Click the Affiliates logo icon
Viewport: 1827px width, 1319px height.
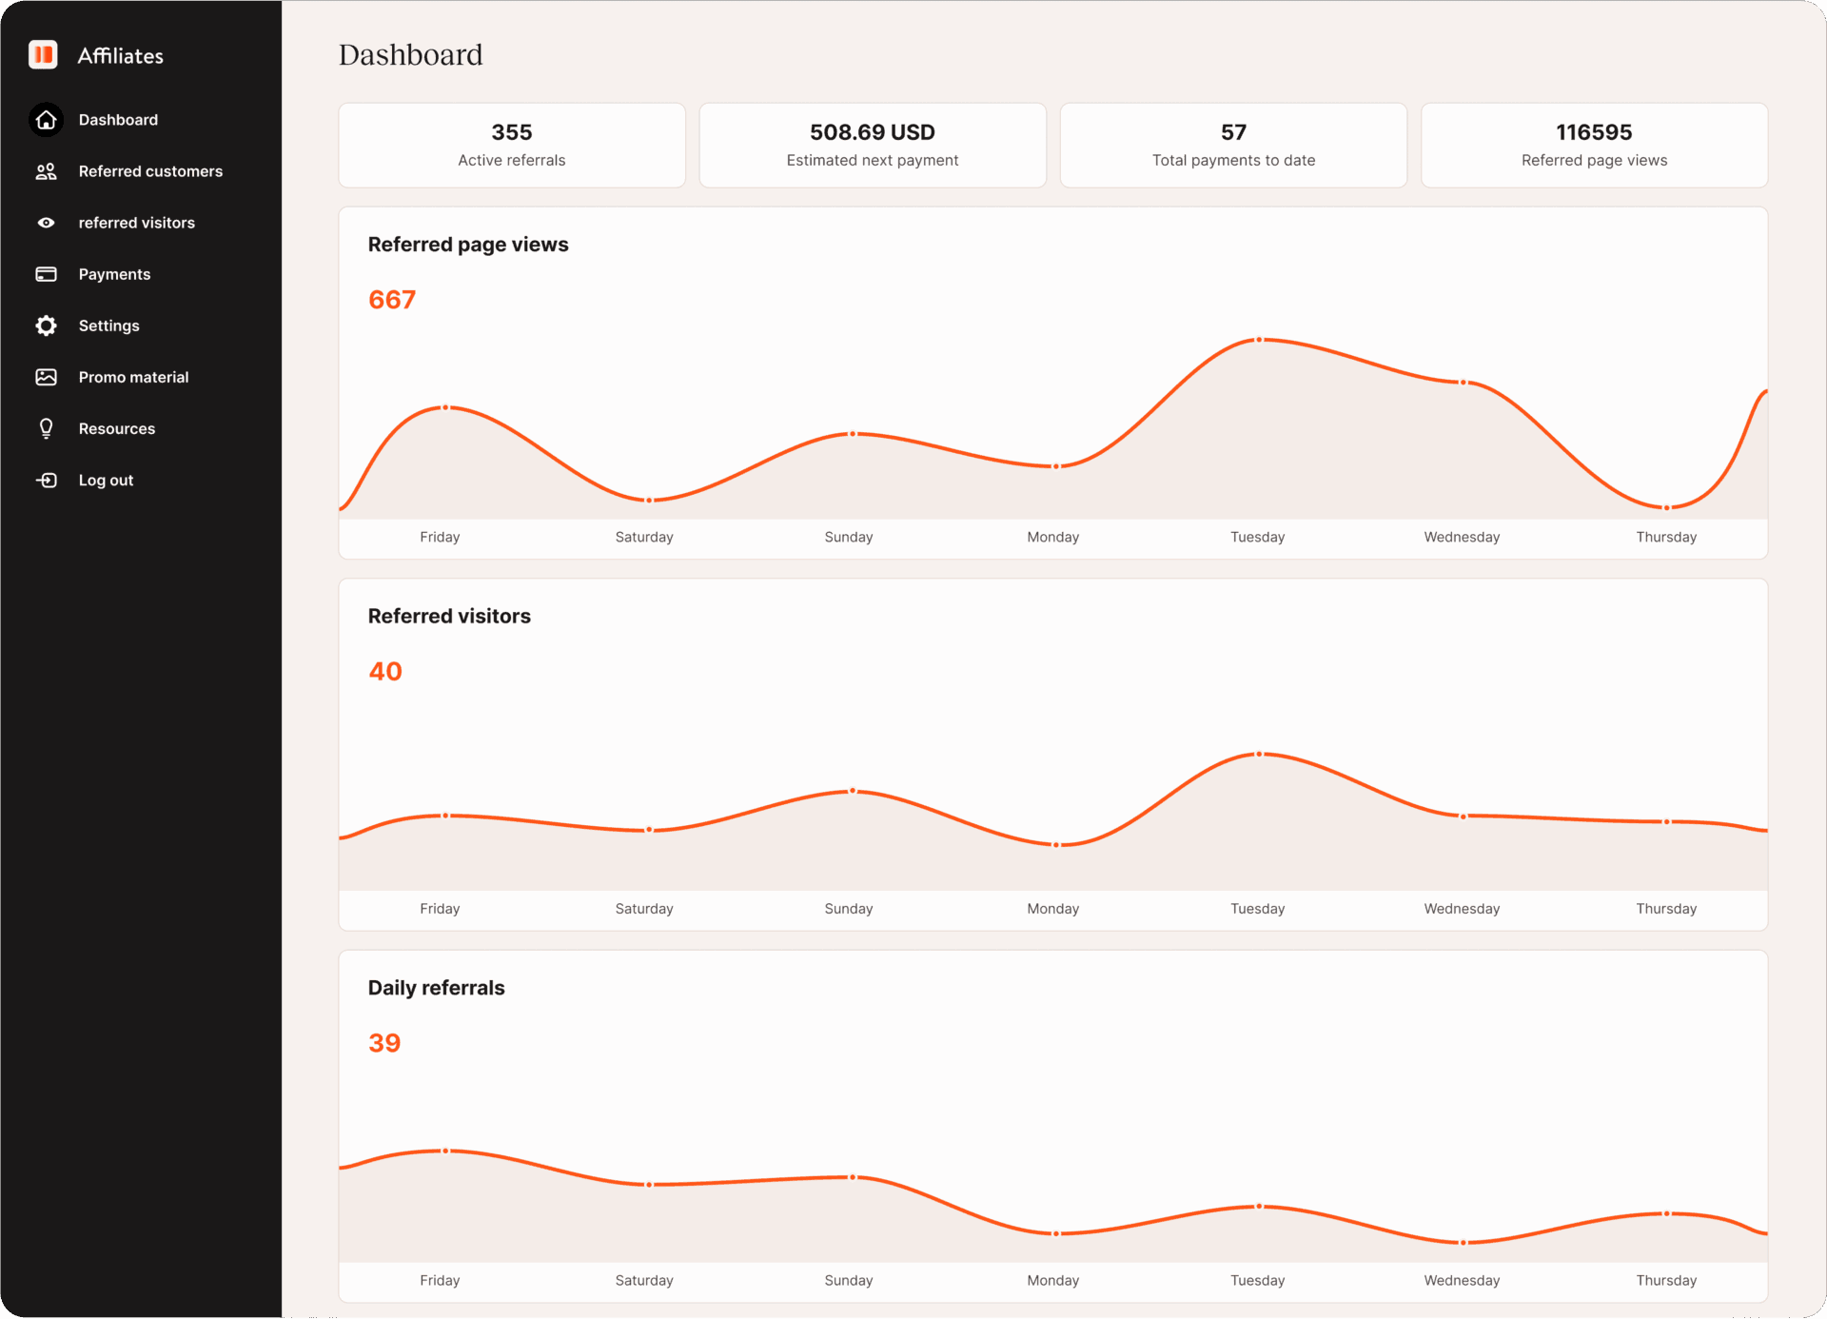point(44,55)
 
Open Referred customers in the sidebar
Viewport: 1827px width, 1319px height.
point(150,171)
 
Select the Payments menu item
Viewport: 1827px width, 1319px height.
point(114,274)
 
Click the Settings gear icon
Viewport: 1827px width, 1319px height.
point(46,325)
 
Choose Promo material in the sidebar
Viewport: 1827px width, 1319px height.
point(133,377)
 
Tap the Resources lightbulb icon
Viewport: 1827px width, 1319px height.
point(46,428)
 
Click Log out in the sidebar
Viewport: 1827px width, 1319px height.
point(106,481)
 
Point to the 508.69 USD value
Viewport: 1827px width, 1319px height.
point(872,132)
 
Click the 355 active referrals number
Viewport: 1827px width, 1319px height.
point(511,132)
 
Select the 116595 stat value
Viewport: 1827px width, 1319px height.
point(1593,132)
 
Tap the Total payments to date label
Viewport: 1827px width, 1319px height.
point(1233,160)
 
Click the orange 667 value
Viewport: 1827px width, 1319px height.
point(392,300)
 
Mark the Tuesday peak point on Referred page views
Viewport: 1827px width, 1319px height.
point(1259,340)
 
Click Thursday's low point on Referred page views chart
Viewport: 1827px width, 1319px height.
point(1666,507)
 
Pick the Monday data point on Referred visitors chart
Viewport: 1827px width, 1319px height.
point(1055,844)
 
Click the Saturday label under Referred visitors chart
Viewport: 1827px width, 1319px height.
point(644,909)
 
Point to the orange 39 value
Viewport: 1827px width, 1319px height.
point(384,1043)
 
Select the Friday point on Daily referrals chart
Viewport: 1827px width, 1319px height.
point(445,1151)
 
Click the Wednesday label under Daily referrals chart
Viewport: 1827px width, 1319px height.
point(1462,1280)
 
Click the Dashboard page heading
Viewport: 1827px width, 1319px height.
point(411,55)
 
